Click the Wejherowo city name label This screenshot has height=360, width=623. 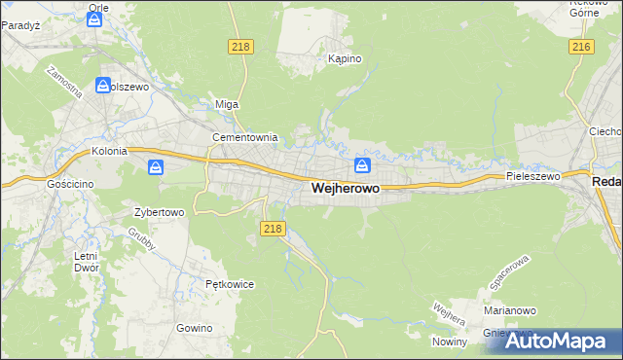[346, 188]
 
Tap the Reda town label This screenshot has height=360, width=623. [606, 182]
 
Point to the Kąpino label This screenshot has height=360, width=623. [345, 58]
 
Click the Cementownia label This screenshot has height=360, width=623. [245, 137]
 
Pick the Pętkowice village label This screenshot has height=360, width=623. [230, 284]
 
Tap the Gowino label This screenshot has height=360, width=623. [194, 328]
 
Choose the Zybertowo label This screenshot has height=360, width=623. [159, 211]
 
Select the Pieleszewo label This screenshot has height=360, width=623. [533, 176]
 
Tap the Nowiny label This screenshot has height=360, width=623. [452, 341]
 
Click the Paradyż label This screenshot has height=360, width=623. [18, 25]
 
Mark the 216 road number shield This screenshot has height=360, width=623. [582, 47]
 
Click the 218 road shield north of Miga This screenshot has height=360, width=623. [240, 47]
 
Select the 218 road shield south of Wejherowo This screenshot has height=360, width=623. [273, 228]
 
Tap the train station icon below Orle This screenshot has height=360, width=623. [94, 18]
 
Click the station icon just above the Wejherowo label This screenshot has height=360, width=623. [362, 164]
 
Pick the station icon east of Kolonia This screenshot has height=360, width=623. [156, 168]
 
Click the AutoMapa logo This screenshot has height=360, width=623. [558, 340]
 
